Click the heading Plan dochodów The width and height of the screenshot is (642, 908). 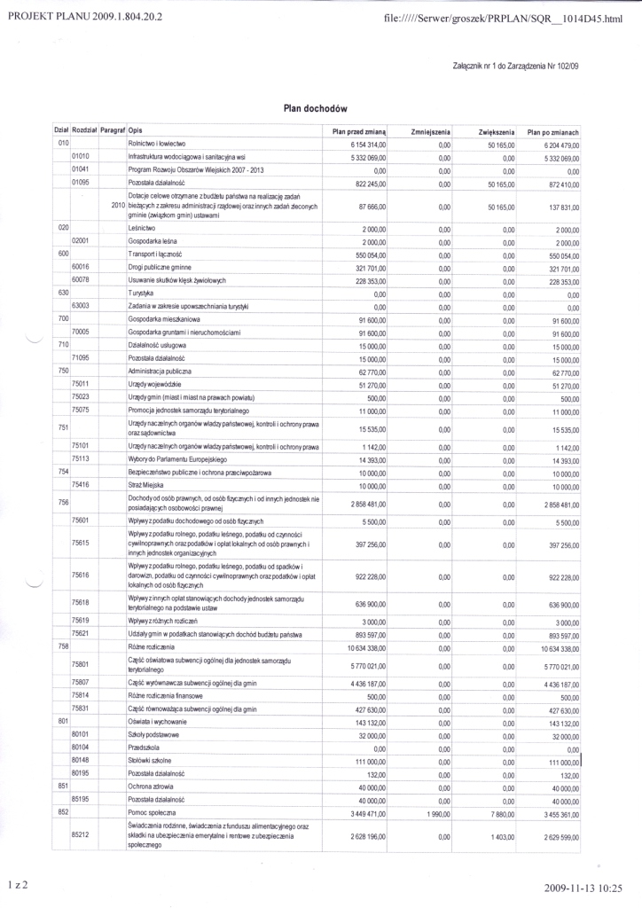click(x=309, y=107)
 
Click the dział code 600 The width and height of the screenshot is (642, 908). click(x=63, y=254)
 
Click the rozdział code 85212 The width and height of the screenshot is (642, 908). click(x=82, y=836)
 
